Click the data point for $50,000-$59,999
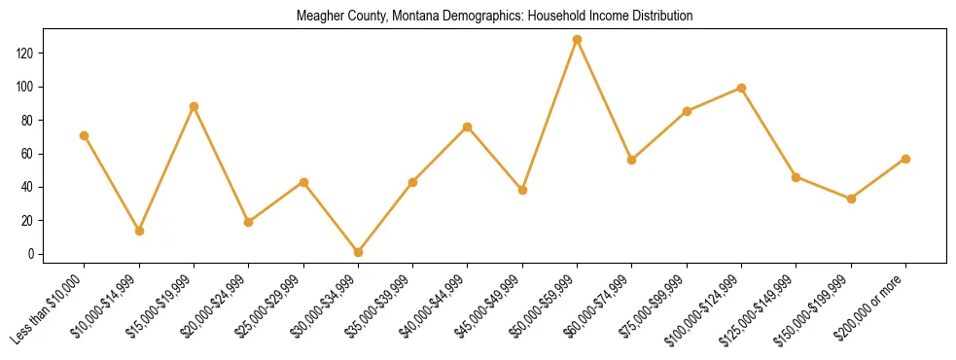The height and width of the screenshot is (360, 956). [x=577, y=39]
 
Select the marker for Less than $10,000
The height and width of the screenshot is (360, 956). [x=85, y=135]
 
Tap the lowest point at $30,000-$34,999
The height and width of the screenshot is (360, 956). [x=358, y=252]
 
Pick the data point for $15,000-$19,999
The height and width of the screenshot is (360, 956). [x=194, y=106]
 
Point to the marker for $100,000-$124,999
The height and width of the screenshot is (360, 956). [x=741, y=88]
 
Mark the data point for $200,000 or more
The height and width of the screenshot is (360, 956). [x=905, y=159]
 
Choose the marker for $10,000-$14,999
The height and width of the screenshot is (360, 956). [x=139, y=231]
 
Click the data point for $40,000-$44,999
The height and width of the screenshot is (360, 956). [x=468, y=126]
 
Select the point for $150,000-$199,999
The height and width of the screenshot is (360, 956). [x=851, y=198]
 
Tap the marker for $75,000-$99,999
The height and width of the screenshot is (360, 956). [x=687, y=111]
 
